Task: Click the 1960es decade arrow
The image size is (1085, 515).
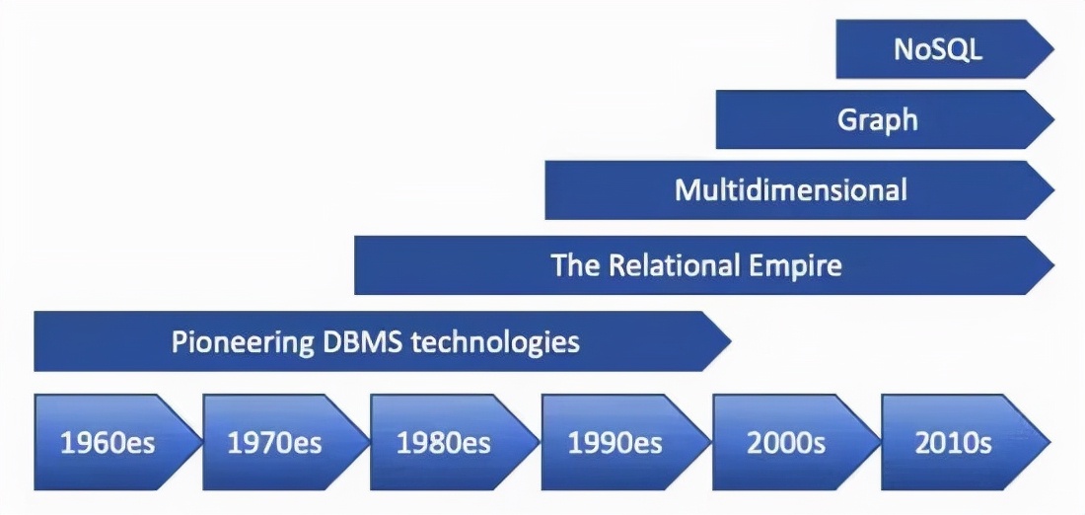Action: [x=108, y=442]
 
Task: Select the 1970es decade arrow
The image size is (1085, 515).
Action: [x=274, y=442]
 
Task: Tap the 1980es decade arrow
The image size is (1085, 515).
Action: [x=443, y=442]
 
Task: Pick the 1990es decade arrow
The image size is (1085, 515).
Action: [x=614, y=442]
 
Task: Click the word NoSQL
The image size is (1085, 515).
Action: [x=938, y=49]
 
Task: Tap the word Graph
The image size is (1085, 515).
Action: [x=878, y=119]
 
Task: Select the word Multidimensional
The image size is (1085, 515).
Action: [x=790, y=189]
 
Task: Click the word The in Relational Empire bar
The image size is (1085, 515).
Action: [x=571, y=264]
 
